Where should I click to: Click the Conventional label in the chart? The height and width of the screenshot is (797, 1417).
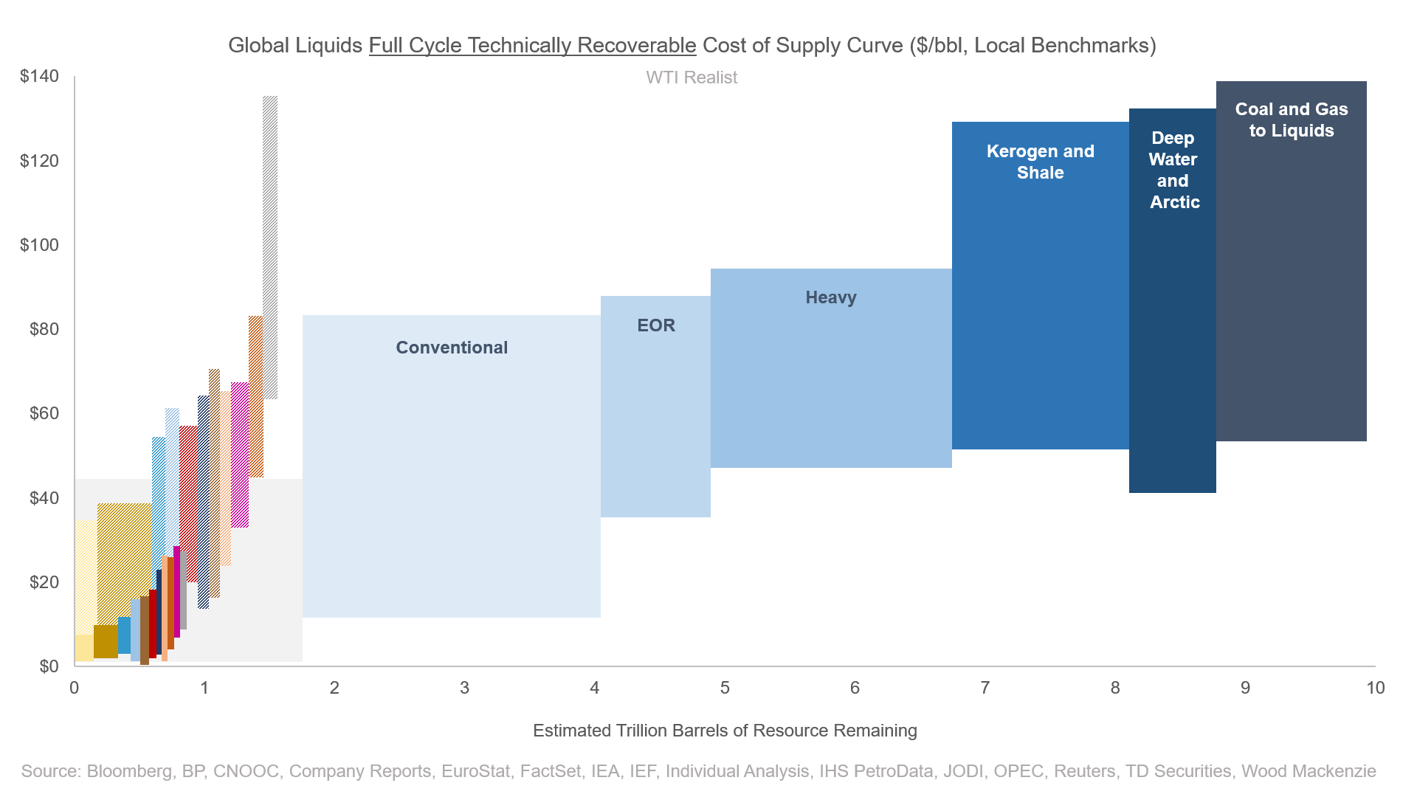point(452,348)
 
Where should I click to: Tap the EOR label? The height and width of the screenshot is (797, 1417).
point(656,325)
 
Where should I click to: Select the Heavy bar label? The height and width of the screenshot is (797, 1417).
point(831,297)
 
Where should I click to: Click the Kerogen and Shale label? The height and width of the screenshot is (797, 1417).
point(1040,162)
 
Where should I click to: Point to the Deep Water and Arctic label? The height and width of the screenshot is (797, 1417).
point(1173,170)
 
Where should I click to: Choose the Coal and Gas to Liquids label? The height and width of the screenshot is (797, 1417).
point(1292,120)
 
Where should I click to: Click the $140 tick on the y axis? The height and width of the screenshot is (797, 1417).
point(39,76)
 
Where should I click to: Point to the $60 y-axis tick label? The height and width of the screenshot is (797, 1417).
point(44,413)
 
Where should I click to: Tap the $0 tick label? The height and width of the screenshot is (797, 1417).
point(48,666)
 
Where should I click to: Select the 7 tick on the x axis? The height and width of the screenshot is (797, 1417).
point(985,688)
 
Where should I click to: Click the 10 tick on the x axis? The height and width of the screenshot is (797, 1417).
point(1375,688)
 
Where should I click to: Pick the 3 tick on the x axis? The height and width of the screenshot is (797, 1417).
point(464,688)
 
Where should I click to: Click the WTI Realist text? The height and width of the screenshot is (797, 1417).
point(692,77)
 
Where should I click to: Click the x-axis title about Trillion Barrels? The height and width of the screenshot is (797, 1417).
point(725,731)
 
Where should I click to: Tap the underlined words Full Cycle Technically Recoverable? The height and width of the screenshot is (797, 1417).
point(532,46)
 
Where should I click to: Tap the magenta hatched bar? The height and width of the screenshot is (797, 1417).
point(240,454)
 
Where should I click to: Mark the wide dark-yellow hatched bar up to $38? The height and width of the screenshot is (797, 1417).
point(124,561)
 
